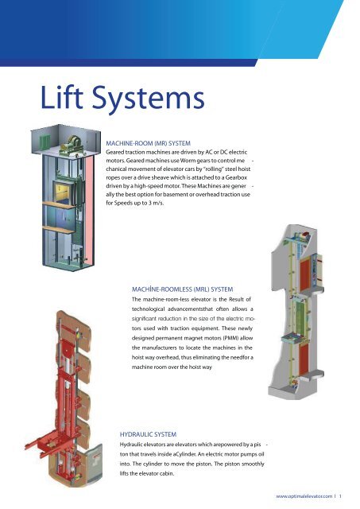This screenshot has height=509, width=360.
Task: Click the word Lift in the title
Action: click(62, 96)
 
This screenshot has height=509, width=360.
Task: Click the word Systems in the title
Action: click(149, 99)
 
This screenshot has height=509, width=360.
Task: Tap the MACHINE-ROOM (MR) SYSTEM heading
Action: click(149, 143)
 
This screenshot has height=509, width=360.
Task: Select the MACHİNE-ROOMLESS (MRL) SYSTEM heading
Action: click(182, 289)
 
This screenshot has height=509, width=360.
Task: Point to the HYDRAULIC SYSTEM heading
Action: click(149, 434)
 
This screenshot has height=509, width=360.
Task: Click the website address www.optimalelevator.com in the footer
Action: click(304, 496)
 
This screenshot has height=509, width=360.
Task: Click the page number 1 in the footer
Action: click(341, 496)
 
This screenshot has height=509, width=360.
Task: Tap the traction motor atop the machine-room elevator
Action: click(73, 145)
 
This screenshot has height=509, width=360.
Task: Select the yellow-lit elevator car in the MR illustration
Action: click(64, 192)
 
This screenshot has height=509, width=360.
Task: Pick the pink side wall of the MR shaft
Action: click(90, 208)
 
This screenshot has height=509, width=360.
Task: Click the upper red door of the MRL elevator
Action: click(306, 275)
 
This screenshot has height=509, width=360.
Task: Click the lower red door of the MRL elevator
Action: click(304, 359)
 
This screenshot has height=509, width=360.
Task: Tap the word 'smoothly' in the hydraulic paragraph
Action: click(253, 464)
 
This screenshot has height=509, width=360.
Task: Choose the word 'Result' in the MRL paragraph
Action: click(237, 299)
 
